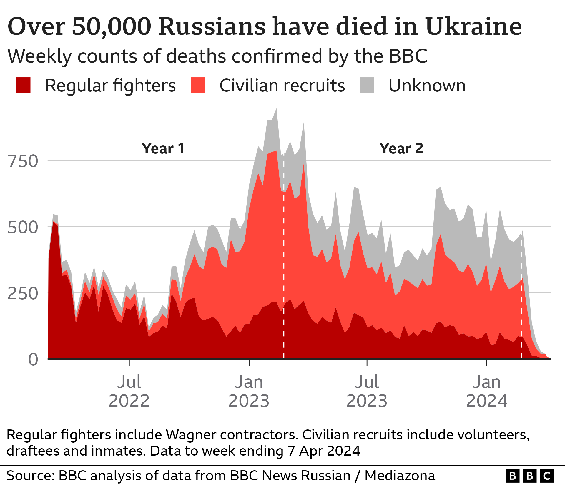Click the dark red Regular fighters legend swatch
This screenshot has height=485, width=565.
[x=24, y=85]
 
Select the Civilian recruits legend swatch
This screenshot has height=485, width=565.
[x=198, y=85]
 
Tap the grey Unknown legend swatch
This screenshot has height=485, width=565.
[x=367, y=85]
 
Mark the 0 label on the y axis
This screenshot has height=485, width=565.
[x=33, y=359]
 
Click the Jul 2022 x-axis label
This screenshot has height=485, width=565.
[x=129, y=391]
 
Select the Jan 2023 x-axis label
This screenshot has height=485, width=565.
[x=249, y=391]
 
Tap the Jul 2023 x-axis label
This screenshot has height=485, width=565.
[x=367, y=391]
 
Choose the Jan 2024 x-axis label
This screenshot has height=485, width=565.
[x=487, y=391]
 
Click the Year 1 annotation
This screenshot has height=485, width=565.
[x=163, y=148]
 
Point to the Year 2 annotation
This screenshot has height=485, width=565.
[x=401, y=148]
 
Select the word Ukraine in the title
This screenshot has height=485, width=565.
[x=473, y=26]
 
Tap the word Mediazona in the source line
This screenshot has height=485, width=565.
[x=400, y=476]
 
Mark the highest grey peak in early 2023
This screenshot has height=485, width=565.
[x=276, y=109]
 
